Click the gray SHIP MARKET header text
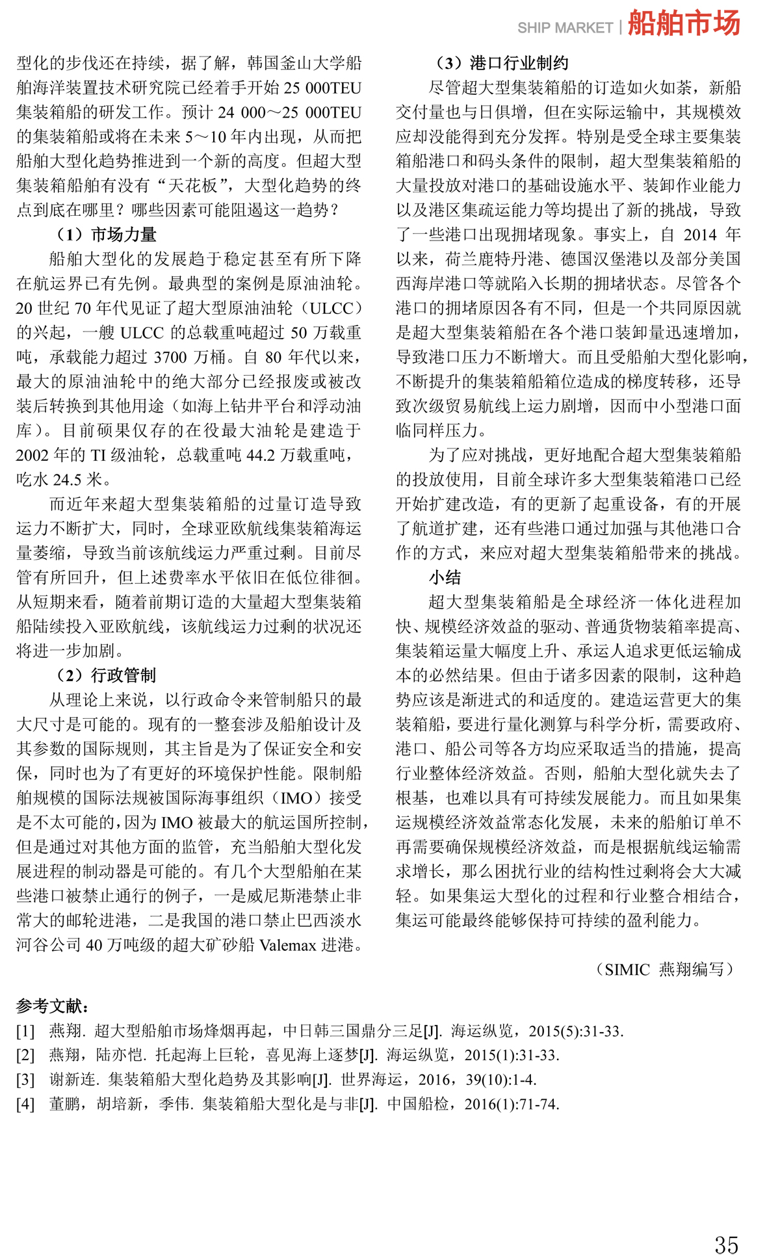point(565,28)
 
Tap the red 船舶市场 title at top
point(684,23)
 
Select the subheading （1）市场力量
point(107,235)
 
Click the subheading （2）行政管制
point(107,675)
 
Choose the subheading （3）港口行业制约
point(502,63)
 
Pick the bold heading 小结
point(445,577)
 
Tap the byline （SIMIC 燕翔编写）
point(665,969)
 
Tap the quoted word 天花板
point(192,186)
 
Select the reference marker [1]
point(25,1031)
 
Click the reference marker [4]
point(25,1104)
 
